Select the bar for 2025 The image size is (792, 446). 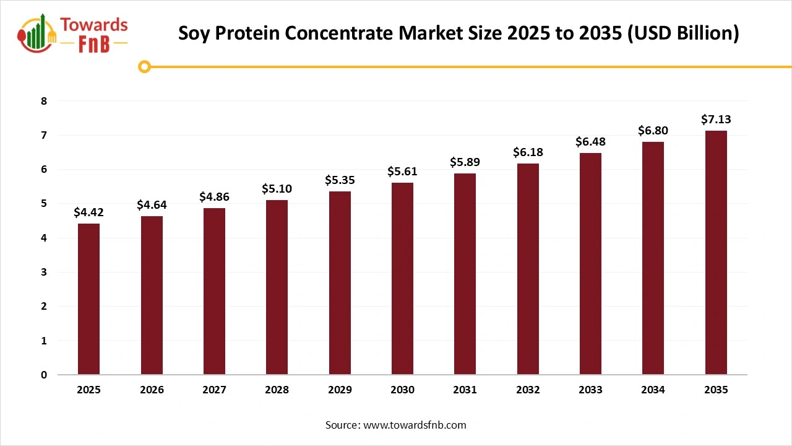point(88,299)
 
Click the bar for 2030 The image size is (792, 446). point(402,279)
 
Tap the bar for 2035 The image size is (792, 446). point(716,253)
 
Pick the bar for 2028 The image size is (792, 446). point(277,287)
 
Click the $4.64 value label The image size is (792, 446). point(151,204)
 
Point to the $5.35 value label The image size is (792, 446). point(339,180)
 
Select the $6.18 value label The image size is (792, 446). point(528,152)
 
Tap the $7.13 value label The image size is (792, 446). point(716,119)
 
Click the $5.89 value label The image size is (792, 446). point(465,162)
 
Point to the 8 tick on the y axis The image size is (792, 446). point(44,101)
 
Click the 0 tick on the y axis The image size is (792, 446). point(44,375)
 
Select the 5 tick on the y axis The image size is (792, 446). point(44,204)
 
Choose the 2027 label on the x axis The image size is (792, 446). point(214,390)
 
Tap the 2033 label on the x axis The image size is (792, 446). point(590,390)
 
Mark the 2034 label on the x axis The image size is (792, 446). point(653,390)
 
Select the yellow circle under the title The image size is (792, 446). point(144,66)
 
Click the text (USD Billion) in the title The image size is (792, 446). point(683,33)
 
